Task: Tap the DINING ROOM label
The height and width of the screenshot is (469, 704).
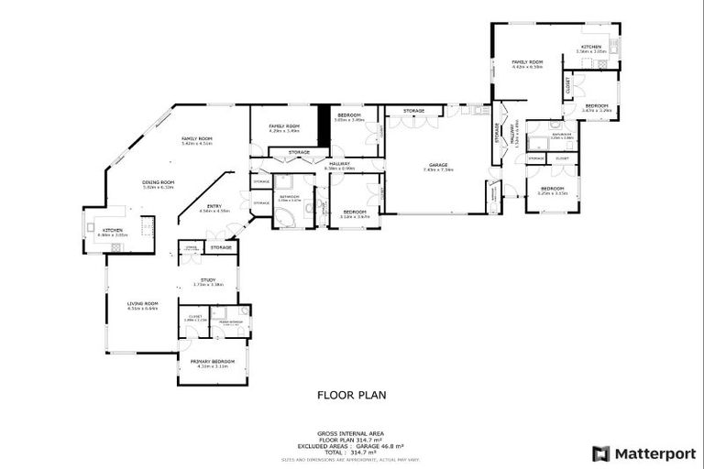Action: point(151,182)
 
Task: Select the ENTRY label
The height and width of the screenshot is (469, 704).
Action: point(213,206)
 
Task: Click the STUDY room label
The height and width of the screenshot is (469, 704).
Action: point(207,280)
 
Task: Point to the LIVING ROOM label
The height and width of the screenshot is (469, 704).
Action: point(142,303)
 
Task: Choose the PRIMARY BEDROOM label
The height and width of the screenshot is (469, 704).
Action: point(213,361)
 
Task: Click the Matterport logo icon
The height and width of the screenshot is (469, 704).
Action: point(600,453)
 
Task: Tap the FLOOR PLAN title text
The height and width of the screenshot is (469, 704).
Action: point(351,396)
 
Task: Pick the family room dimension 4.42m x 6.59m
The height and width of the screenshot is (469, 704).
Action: point(527,67)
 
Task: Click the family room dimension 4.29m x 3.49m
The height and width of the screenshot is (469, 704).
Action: point(284,131)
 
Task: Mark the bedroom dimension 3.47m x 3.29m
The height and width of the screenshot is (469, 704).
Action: point(597,111)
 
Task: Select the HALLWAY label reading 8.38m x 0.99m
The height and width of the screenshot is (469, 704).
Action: point(340,169)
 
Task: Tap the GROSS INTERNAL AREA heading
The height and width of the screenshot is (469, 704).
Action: point(351,433)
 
